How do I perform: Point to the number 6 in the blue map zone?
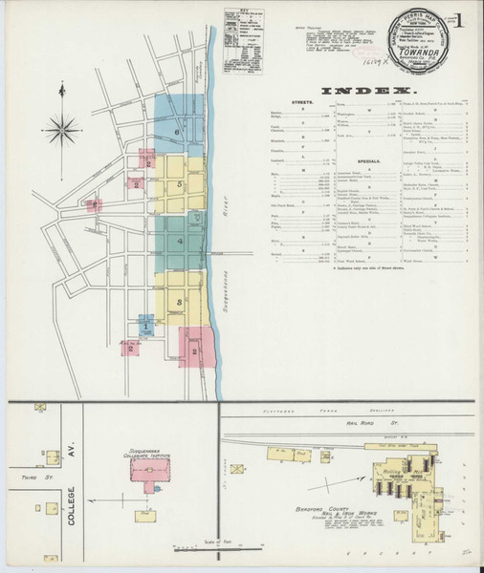click(177, 132)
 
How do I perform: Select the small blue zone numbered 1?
click(144, 326)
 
